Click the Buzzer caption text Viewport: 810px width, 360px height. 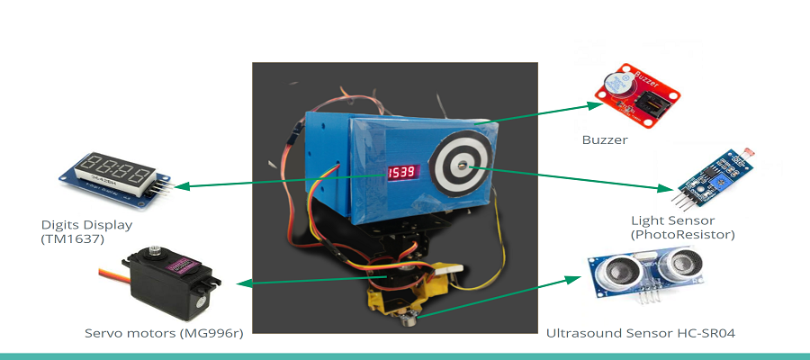coord(604,139)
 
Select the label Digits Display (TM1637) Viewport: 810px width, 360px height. coord(87,231)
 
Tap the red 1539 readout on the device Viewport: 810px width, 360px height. coord(401,172)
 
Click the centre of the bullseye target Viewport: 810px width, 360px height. coord(462,166)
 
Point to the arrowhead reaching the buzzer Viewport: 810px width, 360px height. coord(594,105)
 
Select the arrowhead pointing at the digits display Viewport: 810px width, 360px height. coord(180,187)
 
